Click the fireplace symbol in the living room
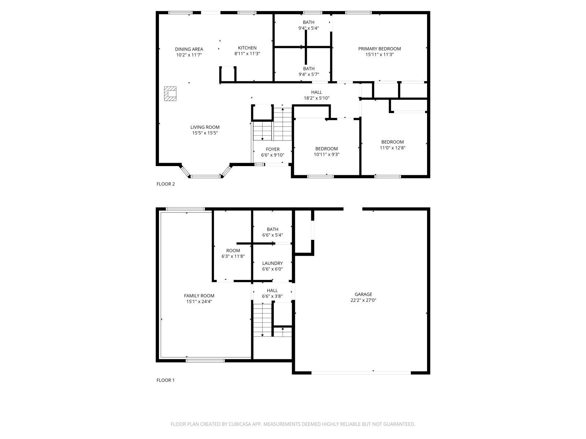[x=170, y=94]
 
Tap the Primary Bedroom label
[x=379, y=49]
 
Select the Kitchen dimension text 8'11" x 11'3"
[x=247, y=54]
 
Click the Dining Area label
[x=189, y=49]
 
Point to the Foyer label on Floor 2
[x=272, y=149]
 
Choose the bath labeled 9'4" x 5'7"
[x=308, y=71]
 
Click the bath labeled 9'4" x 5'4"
[x=308, y=25]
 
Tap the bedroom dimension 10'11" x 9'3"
[x=326, y=154]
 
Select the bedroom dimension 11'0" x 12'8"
[x=392, y=148]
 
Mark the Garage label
[x=363, y=294]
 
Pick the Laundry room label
[x=272, y=263]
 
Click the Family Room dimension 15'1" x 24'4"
[x=199, y=302]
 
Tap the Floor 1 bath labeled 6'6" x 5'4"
[x=272, y=232]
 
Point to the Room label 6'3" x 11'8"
[x=233, y=251]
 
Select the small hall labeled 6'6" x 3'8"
[x=272, y=293]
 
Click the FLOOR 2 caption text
[x=166, y=184]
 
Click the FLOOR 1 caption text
[x=166, y=380]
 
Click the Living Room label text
[x=205, y=127]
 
